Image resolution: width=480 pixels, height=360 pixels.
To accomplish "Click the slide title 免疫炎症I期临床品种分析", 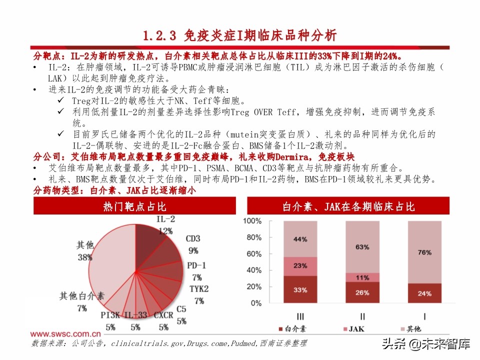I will pos(239,35).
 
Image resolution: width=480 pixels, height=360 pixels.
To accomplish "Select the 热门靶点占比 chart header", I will pos(134,206).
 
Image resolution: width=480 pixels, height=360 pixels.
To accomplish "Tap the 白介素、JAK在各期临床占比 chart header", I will pos(348,206).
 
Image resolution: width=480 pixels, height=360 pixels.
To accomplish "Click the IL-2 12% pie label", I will pos(165,225).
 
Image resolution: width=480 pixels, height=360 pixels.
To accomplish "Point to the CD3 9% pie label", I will pos(193,244).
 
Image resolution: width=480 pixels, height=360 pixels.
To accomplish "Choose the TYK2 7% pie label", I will pos(199,295).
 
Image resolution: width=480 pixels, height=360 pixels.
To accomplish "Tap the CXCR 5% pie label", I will pos(163,321).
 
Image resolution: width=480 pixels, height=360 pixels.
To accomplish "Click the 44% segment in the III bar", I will pos(300,239).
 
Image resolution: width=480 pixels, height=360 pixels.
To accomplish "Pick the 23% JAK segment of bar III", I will pos(300,266).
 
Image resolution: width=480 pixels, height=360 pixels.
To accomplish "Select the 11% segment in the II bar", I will pos(362,277).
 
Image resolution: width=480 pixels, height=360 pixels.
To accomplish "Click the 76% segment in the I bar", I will pos(424,252).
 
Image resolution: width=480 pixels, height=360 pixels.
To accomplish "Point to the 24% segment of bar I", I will pos(424,293).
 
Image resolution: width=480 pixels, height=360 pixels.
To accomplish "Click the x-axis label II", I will pos(362,316).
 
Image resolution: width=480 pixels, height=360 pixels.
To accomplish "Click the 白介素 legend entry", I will pos(291,328).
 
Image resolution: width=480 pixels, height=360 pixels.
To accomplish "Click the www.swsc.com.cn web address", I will pos(65,333).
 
